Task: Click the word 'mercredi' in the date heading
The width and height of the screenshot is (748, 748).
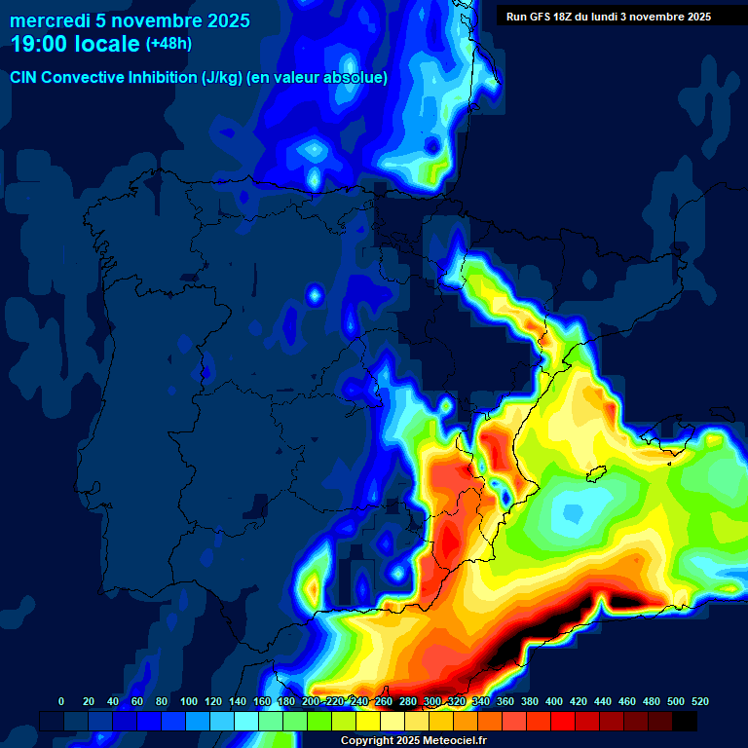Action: (49, 20)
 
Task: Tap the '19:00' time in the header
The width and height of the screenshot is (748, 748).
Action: (40, 44)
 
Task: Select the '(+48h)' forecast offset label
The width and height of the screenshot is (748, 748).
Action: (169, 44)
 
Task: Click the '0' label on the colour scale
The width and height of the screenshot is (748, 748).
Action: (61, 701)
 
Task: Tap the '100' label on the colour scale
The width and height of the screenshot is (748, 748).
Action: (189, 701)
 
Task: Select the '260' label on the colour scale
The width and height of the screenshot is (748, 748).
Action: (384, 701)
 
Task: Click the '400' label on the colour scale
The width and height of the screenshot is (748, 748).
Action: (554, 701)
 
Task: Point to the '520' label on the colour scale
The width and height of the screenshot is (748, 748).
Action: (699, 701)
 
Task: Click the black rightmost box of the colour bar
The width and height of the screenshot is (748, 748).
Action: (685, 721)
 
